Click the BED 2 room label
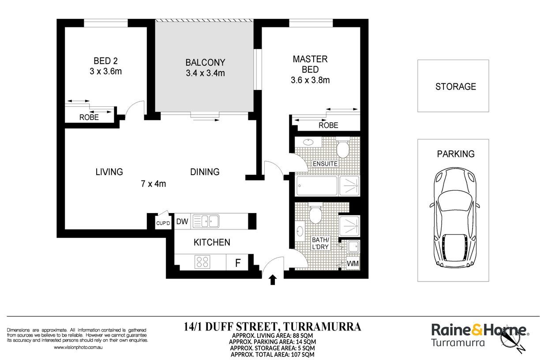(105, 61)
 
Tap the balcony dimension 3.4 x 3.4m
(206, 73)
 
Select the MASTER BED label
(310, 64)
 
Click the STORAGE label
(456, 86)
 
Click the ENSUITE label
(325, 164)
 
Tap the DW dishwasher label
(182, 221)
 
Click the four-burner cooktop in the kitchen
(202, 262)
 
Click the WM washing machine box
(353, 263)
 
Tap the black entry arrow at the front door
(273, 280)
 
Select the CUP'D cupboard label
(163, 223)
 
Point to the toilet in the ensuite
(343, 147)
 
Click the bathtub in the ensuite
(317, 186)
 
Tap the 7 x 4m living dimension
(154, 184)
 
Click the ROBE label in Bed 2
(89, 117)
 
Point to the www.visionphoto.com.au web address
(78, 348)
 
